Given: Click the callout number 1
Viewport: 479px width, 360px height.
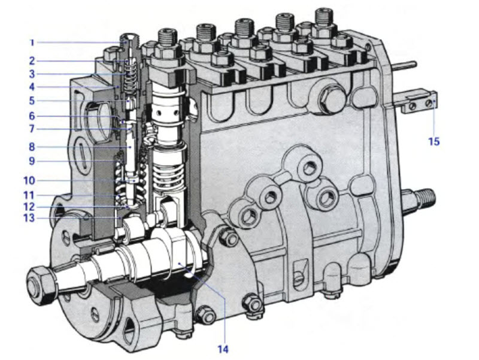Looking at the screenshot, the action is click(x=32, y=43).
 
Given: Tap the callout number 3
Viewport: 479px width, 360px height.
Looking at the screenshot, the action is click(x=32, y=74).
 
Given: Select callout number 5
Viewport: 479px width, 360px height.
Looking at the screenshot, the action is click(x=32, y=101).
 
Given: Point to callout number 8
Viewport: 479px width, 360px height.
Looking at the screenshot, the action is click(x=32, y=147).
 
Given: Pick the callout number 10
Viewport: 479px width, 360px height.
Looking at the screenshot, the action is click(x=29, y=180).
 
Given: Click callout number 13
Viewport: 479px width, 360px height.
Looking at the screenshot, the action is click(x=29, y=218).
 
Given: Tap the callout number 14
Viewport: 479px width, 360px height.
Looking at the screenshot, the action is click(x=223, y=349).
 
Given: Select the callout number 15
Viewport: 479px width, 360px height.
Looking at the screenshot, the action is click(x=433, y=141).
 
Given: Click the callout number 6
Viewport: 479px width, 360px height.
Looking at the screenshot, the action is click(x=32, y=116).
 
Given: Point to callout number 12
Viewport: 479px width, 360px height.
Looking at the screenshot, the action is click(x=29, y=207).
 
